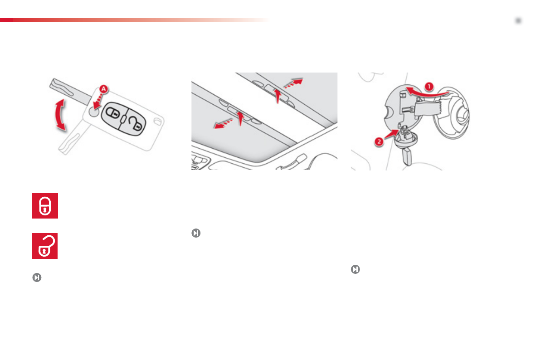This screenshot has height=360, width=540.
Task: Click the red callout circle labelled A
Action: point(103,90)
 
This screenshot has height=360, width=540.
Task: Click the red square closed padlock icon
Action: point(45,206)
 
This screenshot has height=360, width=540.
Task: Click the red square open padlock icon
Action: point(45,246)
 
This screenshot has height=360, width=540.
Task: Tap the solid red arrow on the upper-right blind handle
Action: point(277,95)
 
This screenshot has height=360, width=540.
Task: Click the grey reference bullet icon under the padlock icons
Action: point(36,277)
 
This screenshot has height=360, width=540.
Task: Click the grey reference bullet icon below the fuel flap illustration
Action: point(355,269)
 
